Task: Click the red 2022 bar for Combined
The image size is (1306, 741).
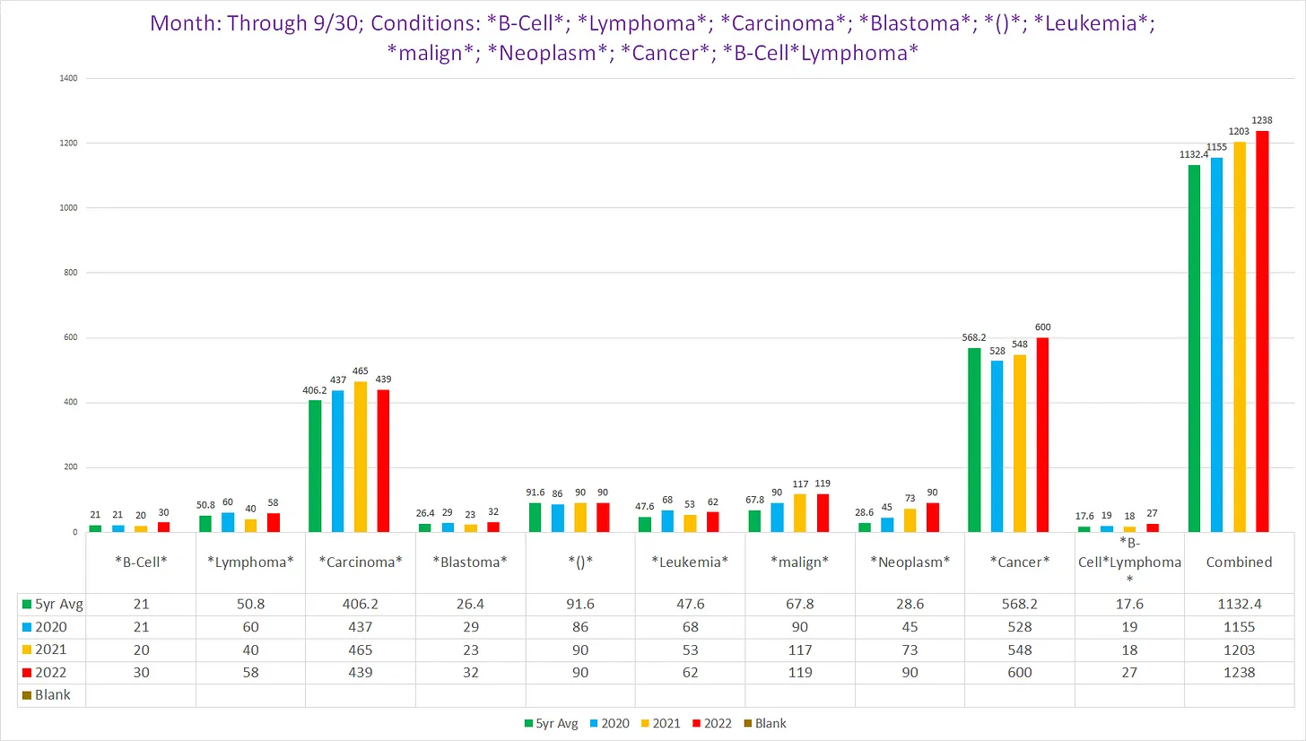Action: point(1262,332)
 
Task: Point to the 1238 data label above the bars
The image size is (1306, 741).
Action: point(1262,120)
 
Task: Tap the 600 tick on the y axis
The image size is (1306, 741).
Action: point(68,338)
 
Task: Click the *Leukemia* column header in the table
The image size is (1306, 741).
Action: point(690,562)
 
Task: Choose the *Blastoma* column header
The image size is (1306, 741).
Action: point(470,562)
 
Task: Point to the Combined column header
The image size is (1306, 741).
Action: point(1240,562)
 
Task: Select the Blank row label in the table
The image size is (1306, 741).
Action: point(52,694)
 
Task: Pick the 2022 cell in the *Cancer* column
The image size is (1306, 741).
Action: point(1020,672)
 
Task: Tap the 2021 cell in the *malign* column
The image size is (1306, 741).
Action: point(800,649)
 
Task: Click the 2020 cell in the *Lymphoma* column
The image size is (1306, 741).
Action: point(250,626)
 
